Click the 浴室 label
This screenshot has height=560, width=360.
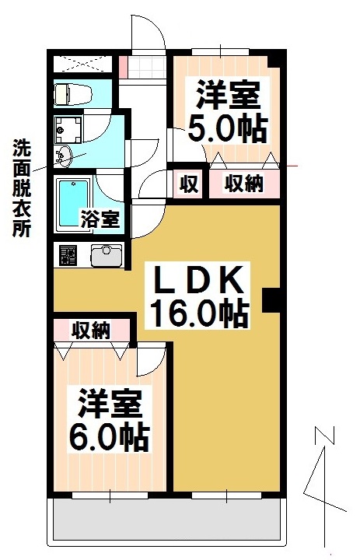coord(100,219)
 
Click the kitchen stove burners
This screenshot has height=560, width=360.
coord(68,254)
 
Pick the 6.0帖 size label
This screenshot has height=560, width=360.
coord(109,437)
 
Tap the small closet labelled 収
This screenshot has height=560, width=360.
coord(187,184)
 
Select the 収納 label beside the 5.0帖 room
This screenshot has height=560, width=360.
coord(243,184)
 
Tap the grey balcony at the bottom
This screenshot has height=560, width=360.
coord(168,520)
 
